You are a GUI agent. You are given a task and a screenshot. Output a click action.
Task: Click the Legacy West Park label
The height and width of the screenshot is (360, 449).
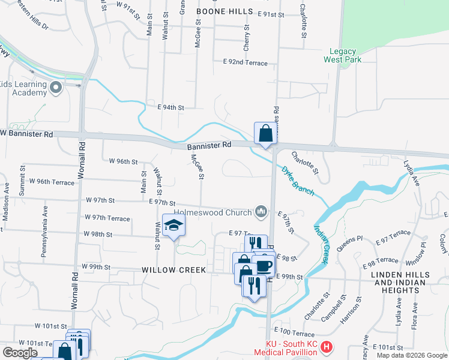pyautogui.click(x=340, y=56)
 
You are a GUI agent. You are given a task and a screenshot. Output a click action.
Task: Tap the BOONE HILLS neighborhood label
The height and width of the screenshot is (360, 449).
pyautogui.click(x=223, y=11)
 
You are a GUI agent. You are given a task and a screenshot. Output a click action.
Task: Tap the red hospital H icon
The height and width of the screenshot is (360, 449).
pyautogui.click(x=326, y=347)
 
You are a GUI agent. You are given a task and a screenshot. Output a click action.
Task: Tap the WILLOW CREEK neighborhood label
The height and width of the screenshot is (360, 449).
pyautogui.click(x=173, y=270)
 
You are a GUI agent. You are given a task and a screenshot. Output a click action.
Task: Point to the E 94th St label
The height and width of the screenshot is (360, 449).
pyautogui.click(x=170, y=107)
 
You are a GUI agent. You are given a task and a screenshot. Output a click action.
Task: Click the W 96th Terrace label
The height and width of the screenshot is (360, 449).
pyautogui.click(x=52, y=181)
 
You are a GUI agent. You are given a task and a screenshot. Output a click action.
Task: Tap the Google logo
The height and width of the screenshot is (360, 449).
pyautogui.click(x=20, y=353)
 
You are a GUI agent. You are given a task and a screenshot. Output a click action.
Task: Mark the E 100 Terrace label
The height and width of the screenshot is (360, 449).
pyautogui.click(x=294, y=332)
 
